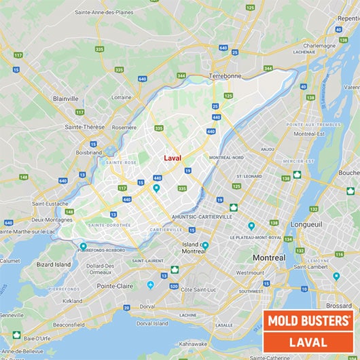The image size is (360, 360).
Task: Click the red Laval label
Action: click(x=173, y=158)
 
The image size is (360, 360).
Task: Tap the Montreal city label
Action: click(x=269, y=258)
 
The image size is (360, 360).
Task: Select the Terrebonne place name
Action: click(x=225, y=76)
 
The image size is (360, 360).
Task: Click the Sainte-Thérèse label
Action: click(x=84, y=127)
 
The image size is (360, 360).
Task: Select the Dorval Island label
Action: click(x=151, y=323)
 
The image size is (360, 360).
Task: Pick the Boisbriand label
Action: click(x=89, y=152)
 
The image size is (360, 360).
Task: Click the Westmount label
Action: click(x=251, y=272)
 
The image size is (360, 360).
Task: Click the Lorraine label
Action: click(x=122, y=98)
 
